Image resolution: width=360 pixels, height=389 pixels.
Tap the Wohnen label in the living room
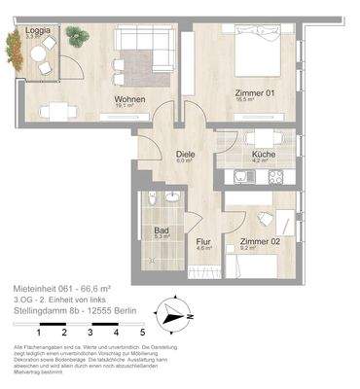pos(129,98)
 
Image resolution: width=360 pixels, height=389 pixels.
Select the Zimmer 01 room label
pos(250,93)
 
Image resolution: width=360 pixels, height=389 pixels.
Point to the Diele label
pos(185,154)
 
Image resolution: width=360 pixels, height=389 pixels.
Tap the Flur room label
pos(203,241)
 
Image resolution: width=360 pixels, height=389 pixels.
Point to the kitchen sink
pos(241,177)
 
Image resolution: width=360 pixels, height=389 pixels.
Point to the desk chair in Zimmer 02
pos(265,218)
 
